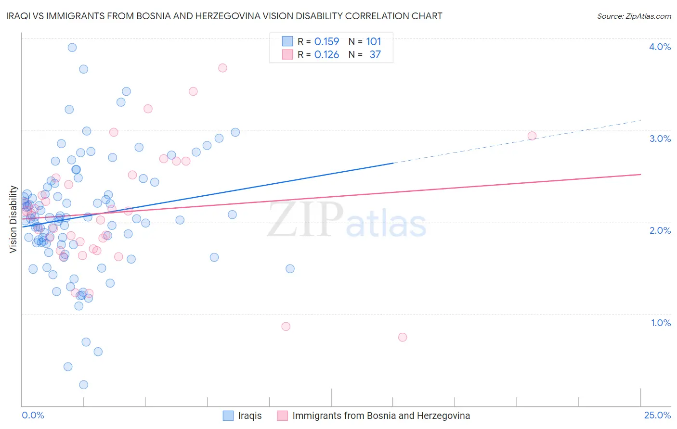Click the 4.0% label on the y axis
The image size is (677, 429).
pos(660,47)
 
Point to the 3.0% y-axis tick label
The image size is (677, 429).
pos(660,139)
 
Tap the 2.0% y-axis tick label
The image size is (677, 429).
pos(660,230)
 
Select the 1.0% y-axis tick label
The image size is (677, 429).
pos(661,323)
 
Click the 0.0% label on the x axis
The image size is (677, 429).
pos(33,415)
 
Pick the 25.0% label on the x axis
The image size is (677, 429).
pos(657,415)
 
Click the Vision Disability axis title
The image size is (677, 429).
pos(13,219)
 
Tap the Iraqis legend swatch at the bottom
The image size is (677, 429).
pos(228,416)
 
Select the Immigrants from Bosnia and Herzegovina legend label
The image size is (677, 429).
pos(381,416)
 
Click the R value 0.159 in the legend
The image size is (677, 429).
pos(326,42)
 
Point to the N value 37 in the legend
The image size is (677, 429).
pos(375,55)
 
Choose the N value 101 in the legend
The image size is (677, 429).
pos(374,42)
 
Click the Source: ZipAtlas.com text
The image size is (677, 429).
pos(634,16)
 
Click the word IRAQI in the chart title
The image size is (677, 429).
pos(20,16)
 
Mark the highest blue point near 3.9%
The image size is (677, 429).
pos(72,47)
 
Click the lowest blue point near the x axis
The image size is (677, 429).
pos(84,385)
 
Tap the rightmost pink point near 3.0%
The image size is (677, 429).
pos(532,136)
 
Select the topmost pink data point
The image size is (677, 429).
pos(222,68)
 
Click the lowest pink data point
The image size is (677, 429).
pos(403,337)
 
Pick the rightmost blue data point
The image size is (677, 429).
pos(290,269)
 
